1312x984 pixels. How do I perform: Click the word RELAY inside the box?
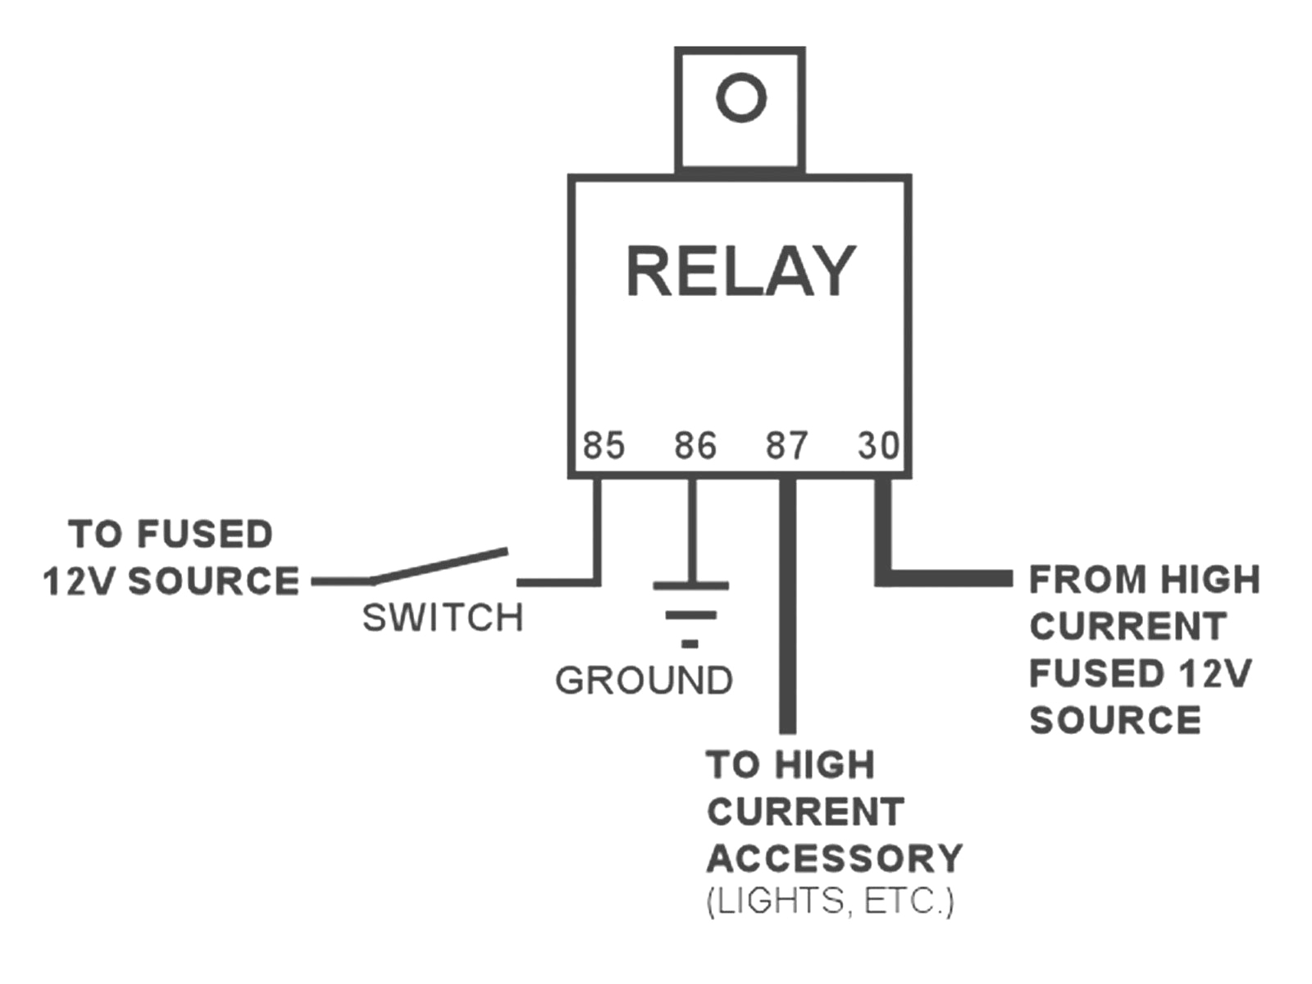740,271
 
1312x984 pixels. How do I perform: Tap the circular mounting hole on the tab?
741,98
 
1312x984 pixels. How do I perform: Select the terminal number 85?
604,445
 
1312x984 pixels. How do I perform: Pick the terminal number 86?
695,445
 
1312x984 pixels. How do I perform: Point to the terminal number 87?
787,445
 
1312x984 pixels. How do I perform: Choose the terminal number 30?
878,445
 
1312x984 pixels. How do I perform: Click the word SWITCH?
443,617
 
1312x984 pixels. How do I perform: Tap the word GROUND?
644,681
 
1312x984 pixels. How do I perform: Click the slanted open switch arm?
439,566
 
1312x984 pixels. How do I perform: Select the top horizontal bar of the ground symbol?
690,585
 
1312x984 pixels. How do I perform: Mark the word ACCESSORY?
834,859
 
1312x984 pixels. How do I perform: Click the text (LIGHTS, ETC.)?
830,901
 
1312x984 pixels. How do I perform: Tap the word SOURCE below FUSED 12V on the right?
1115,721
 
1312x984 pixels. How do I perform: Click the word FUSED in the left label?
205,535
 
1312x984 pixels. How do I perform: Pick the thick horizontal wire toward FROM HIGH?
951,578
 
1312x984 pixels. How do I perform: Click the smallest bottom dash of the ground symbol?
690,645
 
